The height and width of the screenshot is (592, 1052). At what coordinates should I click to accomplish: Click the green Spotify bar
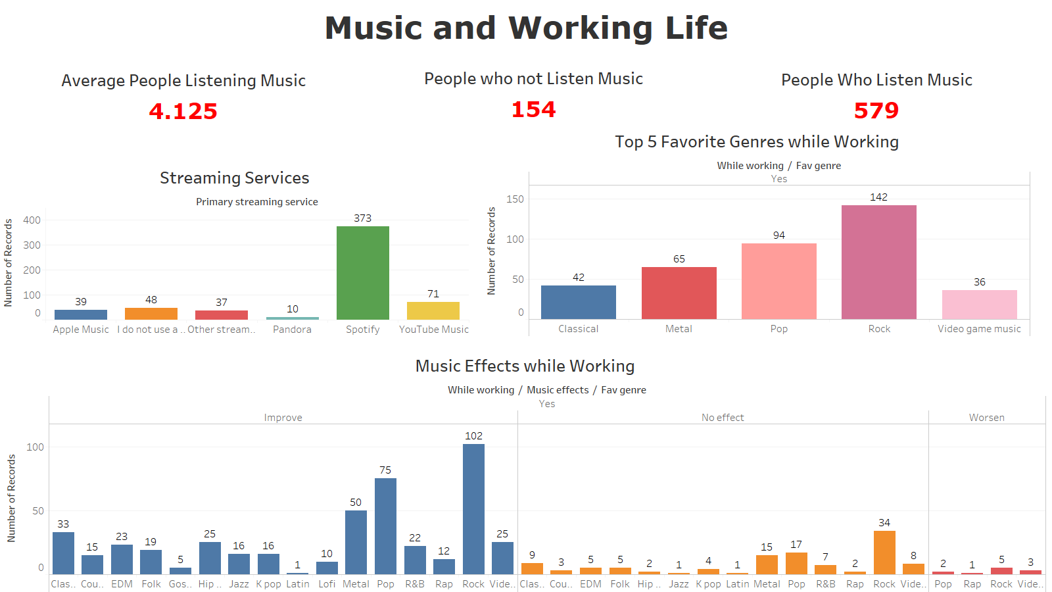click(x=362, y=273)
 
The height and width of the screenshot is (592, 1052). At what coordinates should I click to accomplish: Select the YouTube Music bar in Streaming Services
click(x=433, y=310)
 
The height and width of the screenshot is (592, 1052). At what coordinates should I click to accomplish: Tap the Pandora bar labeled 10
click(x=292, y=318)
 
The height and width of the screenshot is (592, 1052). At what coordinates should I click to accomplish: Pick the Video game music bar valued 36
click(x=979, y=305)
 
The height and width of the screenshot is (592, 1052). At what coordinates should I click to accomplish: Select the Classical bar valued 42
click(x=578, y=302)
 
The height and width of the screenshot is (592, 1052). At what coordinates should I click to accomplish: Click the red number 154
click(x=533, y=109)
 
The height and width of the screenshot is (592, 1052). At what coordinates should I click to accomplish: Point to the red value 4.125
click(x=183, y=111)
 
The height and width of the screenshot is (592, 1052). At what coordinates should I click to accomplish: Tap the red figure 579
click(x=876, y=111)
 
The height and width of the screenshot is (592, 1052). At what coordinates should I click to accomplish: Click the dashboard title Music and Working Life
click(x=526, y=28)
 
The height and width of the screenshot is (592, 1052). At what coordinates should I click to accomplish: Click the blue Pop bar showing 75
click(x=385, y=526)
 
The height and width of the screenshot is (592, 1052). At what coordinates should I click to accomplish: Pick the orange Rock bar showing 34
click(x=884, y=552)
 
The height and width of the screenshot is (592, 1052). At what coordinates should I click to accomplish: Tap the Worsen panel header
click(x=986, y=418)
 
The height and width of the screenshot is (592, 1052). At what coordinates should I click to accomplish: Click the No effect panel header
click(x=723, y=418)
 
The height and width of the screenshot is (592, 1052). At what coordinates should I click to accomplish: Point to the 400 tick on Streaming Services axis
click(x=32, y=220)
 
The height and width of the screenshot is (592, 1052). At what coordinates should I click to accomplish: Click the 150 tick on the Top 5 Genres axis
click(x=515, y=199)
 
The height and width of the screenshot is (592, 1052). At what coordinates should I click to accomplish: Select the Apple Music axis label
click(x=81, y=330)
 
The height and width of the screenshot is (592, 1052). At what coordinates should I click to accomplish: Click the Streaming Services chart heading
click(x=234, y=178)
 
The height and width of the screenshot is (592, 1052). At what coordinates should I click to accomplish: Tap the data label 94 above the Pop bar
click(x=778, y=235)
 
